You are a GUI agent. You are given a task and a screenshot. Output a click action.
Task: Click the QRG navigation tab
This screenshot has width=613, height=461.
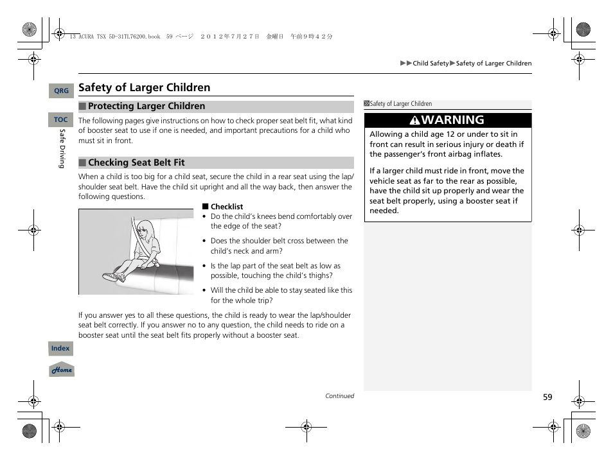point(61,91)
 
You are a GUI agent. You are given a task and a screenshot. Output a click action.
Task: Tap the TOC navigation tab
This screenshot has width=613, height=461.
point(61,120)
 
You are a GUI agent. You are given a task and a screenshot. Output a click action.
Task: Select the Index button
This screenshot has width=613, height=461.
point(60,349)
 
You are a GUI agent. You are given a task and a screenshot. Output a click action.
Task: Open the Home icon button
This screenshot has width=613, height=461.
point(62,370)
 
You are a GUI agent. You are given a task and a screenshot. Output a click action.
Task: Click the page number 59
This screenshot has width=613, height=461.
point(547,397)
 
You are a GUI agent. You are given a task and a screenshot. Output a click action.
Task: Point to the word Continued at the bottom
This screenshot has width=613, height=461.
point(339,396)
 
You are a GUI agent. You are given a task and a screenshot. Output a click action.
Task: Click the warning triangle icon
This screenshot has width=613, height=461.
point(416,121)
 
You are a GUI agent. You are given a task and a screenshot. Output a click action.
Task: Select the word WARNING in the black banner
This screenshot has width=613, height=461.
point(454,120)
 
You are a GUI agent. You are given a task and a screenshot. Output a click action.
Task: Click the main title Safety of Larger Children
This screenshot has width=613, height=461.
point(144,87)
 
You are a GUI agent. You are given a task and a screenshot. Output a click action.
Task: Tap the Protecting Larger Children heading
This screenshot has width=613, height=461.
point(147,107)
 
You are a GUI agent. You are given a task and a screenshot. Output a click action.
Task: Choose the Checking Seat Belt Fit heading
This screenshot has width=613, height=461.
point(136,163)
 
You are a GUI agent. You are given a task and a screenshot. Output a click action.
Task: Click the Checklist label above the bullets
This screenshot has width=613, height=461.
point(227,207)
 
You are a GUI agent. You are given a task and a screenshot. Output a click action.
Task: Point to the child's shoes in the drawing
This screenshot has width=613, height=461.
point(114,277)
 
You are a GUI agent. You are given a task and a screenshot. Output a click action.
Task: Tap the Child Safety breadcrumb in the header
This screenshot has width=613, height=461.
point(431,64)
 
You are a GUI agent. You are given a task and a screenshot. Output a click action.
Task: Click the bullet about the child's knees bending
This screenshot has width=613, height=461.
point(281,222)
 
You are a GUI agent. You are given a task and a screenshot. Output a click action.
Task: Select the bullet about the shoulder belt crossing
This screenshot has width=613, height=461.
point(279,246)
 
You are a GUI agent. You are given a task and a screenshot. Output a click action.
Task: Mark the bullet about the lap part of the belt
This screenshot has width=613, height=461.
point(276,271)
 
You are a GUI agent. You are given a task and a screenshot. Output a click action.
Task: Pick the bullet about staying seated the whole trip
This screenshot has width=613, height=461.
point(281,295)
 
